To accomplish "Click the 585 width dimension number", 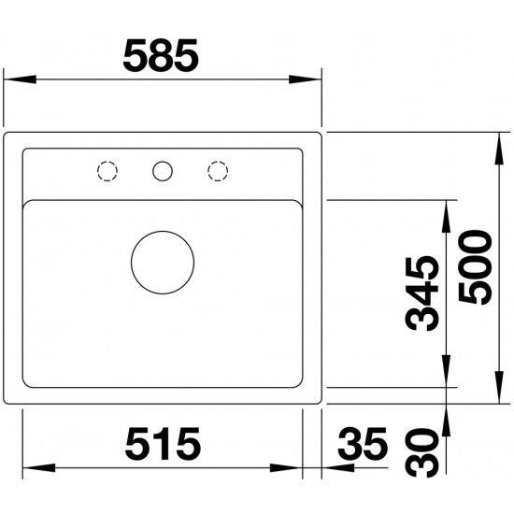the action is pos(161,55).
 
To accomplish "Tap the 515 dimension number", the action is pos(163,443).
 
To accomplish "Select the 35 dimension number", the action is pos(363,443).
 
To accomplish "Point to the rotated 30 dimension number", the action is pos(421,452).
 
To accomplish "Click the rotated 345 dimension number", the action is pos(421,293).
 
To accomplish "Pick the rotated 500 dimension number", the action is pos(476,267).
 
